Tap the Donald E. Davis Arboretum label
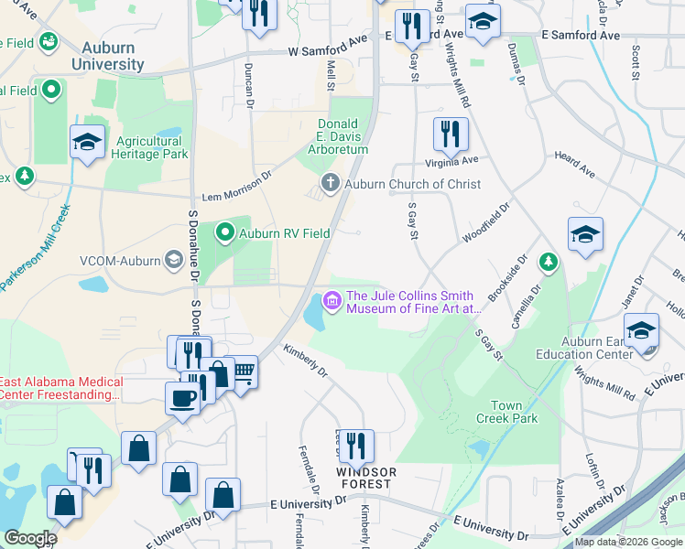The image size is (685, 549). [342, 136]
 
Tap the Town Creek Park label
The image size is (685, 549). [506, 412]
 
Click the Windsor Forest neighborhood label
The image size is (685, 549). [366, 478]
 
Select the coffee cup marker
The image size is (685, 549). [181, 398]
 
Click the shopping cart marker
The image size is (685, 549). [243, 371]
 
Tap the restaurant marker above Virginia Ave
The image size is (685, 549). [451, 134]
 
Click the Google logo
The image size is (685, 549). [30, 538]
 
